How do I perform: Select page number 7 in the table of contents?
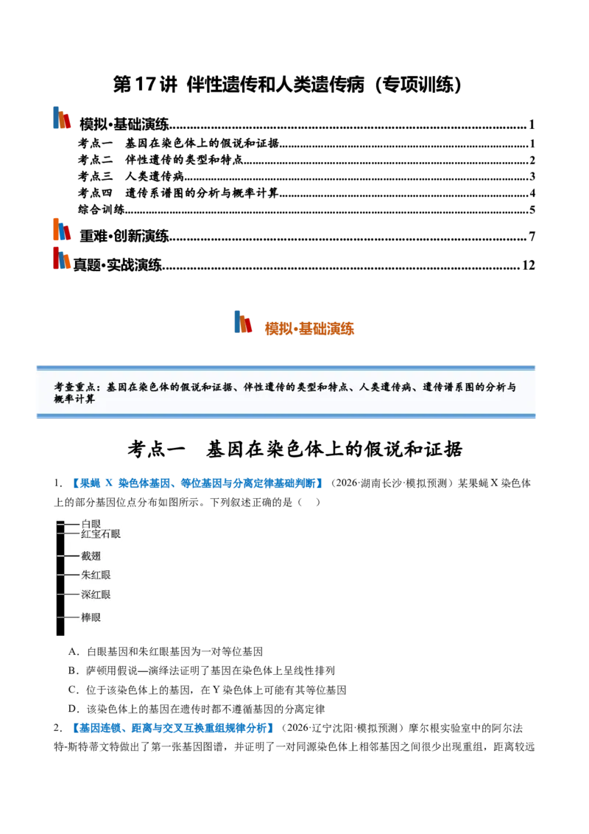pos(532,236)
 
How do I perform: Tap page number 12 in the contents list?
pos(529,265)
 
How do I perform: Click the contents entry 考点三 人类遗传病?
pos(131,176)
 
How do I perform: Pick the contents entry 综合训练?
pos(101,209)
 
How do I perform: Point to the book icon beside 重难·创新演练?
pos(62,229)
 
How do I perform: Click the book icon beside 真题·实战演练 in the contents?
pos(62,259)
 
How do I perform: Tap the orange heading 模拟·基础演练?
pos(309,329)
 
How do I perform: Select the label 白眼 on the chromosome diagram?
pos(91,524)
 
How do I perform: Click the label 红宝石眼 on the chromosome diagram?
pos(101,534)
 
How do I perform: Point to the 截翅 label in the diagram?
pos(91,556)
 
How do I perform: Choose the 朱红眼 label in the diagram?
pos(96,575)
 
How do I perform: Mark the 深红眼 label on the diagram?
pos(96,595)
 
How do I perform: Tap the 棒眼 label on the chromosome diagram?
pos(91,617)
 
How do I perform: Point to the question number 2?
pos(57,728)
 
